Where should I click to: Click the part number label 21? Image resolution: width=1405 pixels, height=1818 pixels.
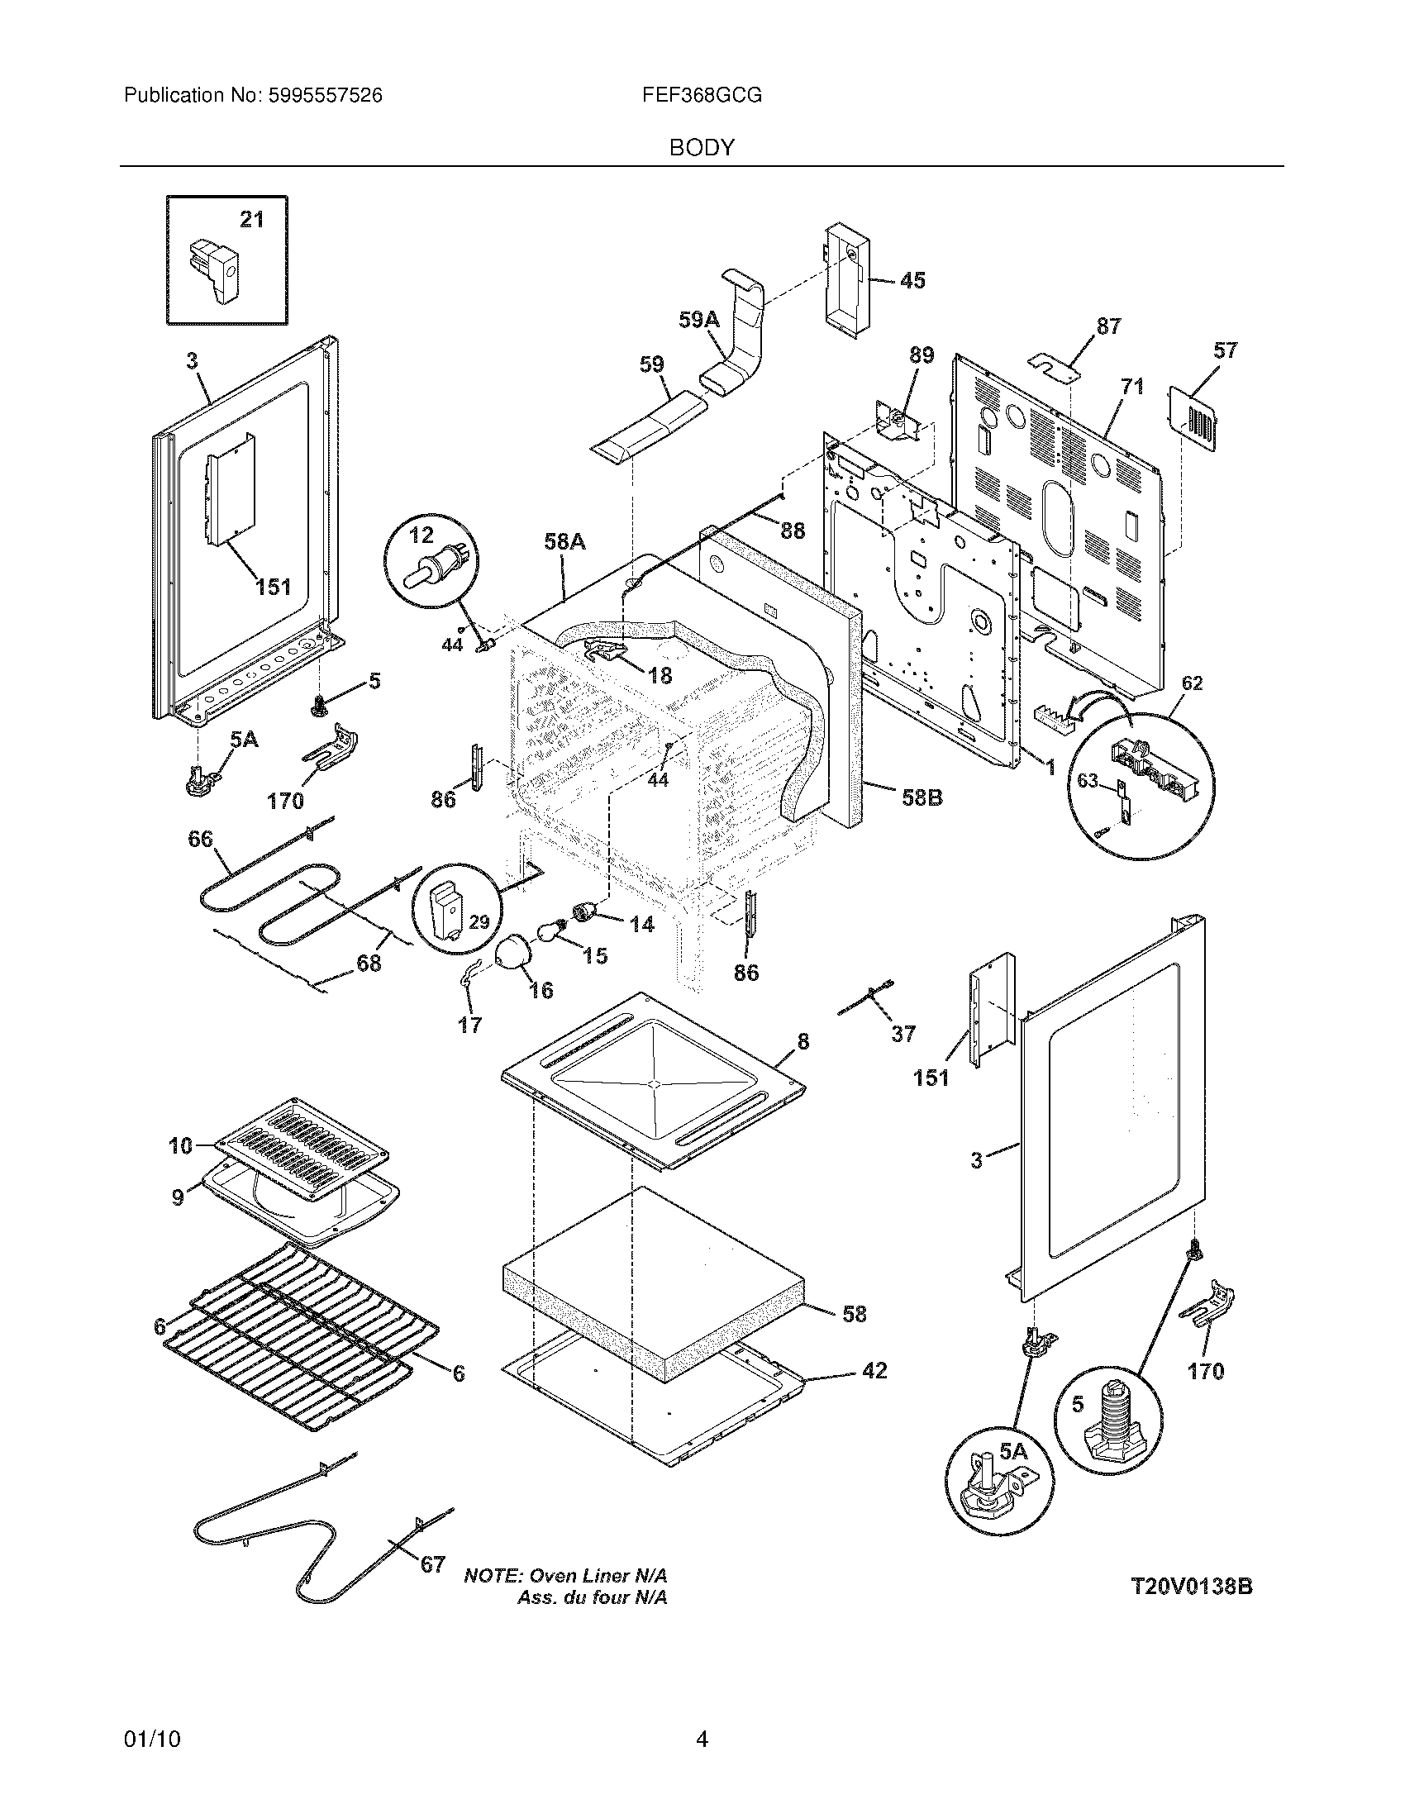click(x=251, y=220)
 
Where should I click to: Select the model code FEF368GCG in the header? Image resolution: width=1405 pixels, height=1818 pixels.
click(x=702, y=96)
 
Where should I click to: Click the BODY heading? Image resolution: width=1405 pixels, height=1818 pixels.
click(x=702, y=148)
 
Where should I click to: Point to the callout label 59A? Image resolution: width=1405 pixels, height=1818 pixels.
click(x=698, y=320)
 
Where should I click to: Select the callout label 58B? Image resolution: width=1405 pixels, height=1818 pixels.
click(x=922, y=797)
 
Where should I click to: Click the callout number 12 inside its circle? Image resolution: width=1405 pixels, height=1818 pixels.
click(x=421, y=535)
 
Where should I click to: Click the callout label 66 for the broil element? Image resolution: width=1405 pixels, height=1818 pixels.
click(x=200, y=839)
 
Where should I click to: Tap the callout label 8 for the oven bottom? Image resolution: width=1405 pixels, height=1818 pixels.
click(x=803, y=1041)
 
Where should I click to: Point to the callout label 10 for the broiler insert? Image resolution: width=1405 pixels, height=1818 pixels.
click(x=181, y=1145)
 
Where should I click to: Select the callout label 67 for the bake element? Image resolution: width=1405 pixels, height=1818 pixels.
click(x=432, y=1565)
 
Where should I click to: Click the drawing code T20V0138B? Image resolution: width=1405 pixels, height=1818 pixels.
click(x=1192, y=1587)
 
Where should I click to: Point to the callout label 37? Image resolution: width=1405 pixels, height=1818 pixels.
click(x=903, y=1034)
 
